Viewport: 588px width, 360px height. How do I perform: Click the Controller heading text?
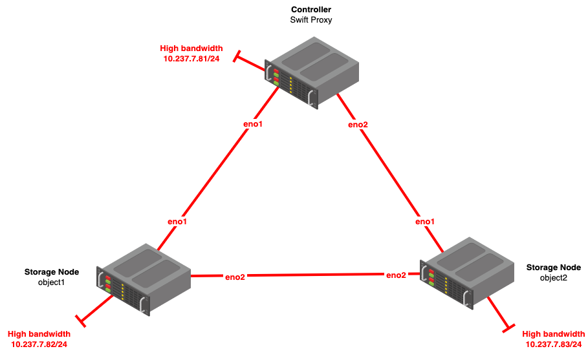(x=311, y=9)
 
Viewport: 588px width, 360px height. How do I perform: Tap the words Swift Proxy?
(x=311, y=20)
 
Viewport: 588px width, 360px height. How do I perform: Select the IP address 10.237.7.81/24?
(x=191, y=59)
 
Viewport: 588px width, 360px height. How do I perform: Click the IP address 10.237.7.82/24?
(x=39, y=344)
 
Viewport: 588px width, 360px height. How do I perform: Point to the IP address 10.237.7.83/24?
(x=554, y=344)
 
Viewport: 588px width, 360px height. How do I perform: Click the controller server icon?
(x=312, y=72)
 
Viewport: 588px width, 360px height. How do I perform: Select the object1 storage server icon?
(x=144, y=279)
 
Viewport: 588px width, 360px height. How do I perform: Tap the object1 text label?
(x=51, y=282)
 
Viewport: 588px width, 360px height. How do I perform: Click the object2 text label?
(x=554, y=278)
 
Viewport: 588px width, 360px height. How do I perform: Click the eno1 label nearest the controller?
(x=253, y=124)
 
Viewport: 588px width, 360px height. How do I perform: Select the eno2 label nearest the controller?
(x=358, y=125)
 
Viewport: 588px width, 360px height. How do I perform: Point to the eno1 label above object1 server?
(x=177, y=222)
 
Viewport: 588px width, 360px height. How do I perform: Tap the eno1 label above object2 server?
(x=425, y=222)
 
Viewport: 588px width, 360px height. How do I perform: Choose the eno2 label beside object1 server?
(x=235, y=277)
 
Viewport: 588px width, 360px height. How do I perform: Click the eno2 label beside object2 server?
(x=396, y=275)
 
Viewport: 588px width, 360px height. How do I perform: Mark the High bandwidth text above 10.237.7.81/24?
(x=191, y=48)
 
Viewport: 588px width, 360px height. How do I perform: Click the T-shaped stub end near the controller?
(x=236, y=56)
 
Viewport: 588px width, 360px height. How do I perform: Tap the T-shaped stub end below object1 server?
(x=81, y=321)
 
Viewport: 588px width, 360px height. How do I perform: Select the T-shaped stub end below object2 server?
(x=508, y=328)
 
